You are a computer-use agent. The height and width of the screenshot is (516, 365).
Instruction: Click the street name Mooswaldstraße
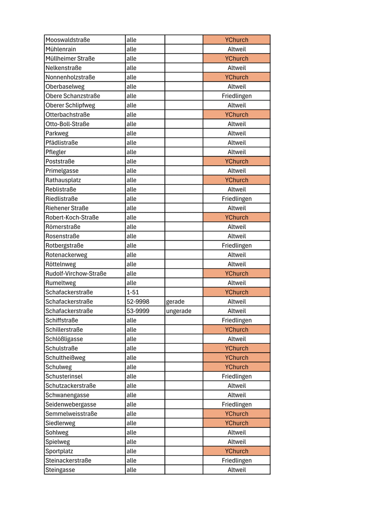coord(68,40)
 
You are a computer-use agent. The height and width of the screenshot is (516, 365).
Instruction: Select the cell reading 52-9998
coord(138,302)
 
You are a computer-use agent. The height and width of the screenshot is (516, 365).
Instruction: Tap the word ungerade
coord(178,311)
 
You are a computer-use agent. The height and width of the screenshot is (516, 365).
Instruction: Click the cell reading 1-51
coord(132,292)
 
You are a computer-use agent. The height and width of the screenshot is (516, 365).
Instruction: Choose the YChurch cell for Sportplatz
coord(236,451)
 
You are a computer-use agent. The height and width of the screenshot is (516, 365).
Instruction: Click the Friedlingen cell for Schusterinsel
coord(236,376)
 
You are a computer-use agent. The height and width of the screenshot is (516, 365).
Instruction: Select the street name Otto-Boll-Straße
coord(67,124)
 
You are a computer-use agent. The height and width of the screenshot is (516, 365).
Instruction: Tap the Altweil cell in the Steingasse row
coord(236,470)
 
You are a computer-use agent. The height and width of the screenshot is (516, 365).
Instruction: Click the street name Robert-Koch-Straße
coord(72,217)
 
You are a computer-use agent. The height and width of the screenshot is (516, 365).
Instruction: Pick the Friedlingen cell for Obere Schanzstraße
coord(236,96)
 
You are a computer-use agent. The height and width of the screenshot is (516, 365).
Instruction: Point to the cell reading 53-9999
coord(138,311)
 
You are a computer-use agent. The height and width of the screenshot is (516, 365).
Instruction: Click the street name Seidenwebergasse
coord(71,404)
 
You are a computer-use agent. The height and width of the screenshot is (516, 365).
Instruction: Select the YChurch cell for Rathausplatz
coord(236,180)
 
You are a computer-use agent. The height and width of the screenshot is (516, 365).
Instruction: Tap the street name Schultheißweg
coord(65,358)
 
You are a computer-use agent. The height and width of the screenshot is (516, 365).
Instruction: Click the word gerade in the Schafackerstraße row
coord(175,302)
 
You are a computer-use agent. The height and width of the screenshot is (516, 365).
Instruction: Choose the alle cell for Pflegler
coord(131,152)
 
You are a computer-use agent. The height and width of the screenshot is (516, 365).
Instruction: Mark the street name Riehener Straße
coord(67,208)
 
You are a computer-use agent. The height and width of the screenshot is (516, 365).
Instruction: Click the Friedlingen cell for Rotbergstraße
coord(236,245)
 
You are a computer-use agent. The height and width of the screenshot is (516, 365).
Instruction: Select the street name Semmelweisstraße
coord(71,414)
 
